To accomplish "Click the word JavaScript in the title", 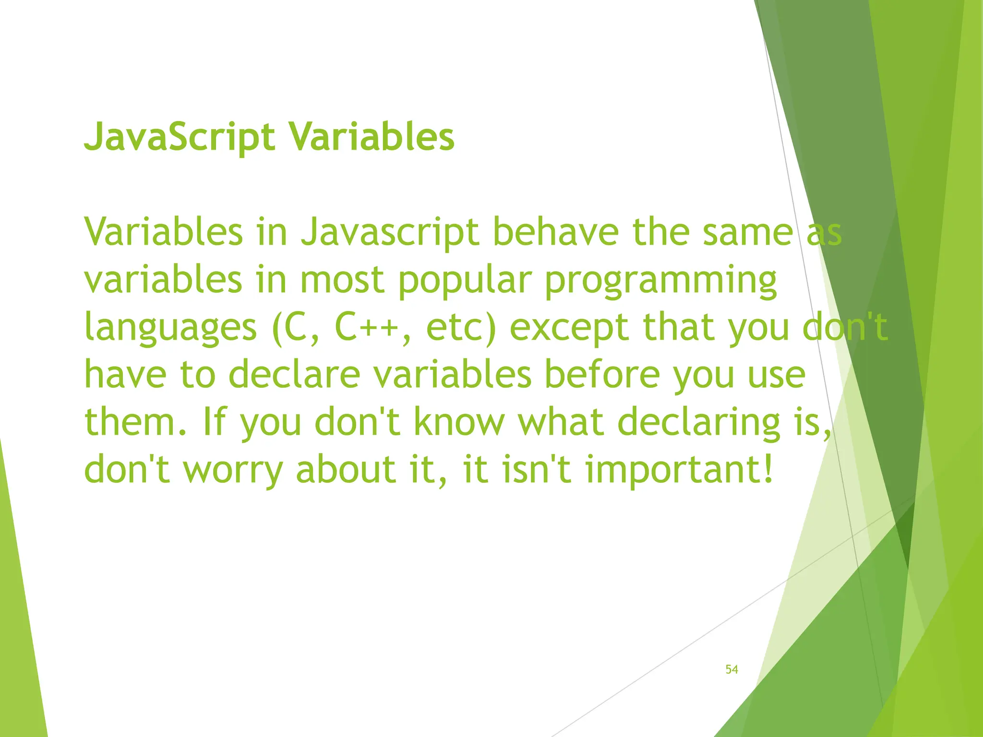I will click(180, 137).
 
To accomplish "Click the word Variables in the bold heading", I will click(372, 137).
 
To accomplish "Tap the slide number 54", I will click(731, 669).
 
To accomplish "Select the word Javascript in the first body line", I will click(390, 233).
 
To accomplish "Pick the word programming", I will click(660, 281).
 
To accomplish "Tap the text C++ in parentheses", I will click(366, 327).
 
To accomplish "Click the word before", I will click(602, 374).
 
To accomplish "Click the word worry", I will click(233, 469).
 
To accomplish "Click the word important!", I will click(679, 469).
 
